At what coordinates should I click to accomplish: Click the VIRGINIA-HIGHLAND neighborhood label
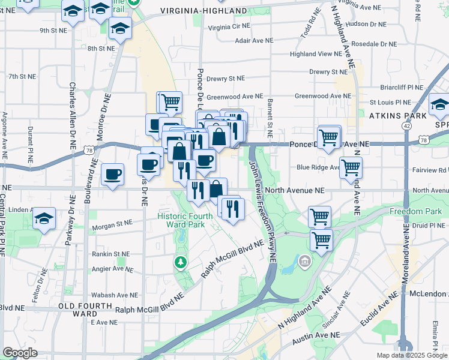pyautogui.click(x=203, y=11)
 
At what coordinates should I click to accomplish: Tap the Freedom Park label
pyautogui.click(x=415, y=211)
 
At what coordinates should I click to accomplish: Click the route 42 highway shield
pyautogui.click(x=408, y=126)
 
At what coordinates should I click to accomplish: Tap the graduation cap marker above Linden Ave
pyautogui.click(x=44, y=219)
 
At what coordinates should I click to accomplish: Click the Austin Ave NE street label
pyautogui.click(x=316, y=337)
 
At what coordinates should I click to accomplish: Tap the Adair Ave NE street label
pyautogui.click(x=254, y=41)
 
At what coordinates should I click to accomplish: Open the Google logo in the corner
pyautogui.click(x=20, y=353)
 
